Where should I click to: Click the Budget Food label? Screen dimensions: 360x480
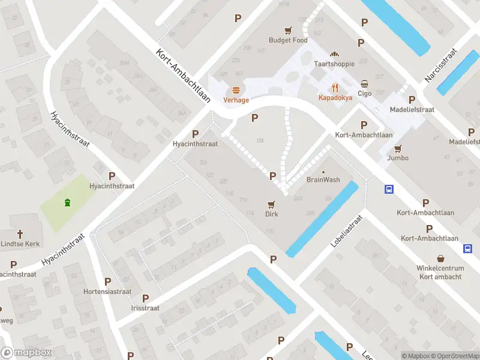pos(288,40)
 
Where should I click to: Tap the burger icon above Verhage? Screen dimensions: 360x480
pos(236,90)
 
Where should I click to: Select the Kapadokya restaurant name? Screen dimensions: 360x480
pos(335,97)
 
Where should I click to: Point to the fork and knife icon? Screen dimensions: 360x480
pos(335,86)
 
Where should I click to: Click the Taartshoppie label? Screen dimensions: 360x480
pos(335,64)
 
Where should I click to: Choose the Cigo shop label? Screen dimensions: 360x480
pos(365,94)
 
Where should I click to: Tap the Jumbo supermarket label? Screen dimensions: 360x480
pos(398,158)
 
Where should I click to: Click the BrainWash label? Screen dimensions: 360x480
pos(323,180)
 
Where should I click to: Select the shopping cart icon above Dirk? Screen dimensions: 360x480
pos(272,204)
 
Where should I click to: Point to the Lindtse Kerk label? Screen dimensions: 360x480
pos(20,244)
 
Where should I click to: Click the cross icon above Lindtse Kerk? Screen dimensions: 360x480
pos(20,233)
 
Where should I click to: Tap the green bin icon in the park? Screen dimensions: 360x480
pos(67,202)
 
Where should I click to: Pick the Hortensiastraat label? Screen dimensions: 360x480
pos(107,292)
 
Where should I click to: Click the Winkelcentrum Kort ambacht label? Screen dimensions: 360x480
pos(440,272)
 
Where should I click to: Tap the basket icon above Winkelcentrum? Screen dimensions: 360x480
pos(440,256)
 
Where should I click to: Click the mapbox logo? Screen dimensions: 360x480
pos(26,353)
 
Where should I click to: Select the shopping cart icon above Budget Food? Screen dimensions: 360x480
pos(289,30)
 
